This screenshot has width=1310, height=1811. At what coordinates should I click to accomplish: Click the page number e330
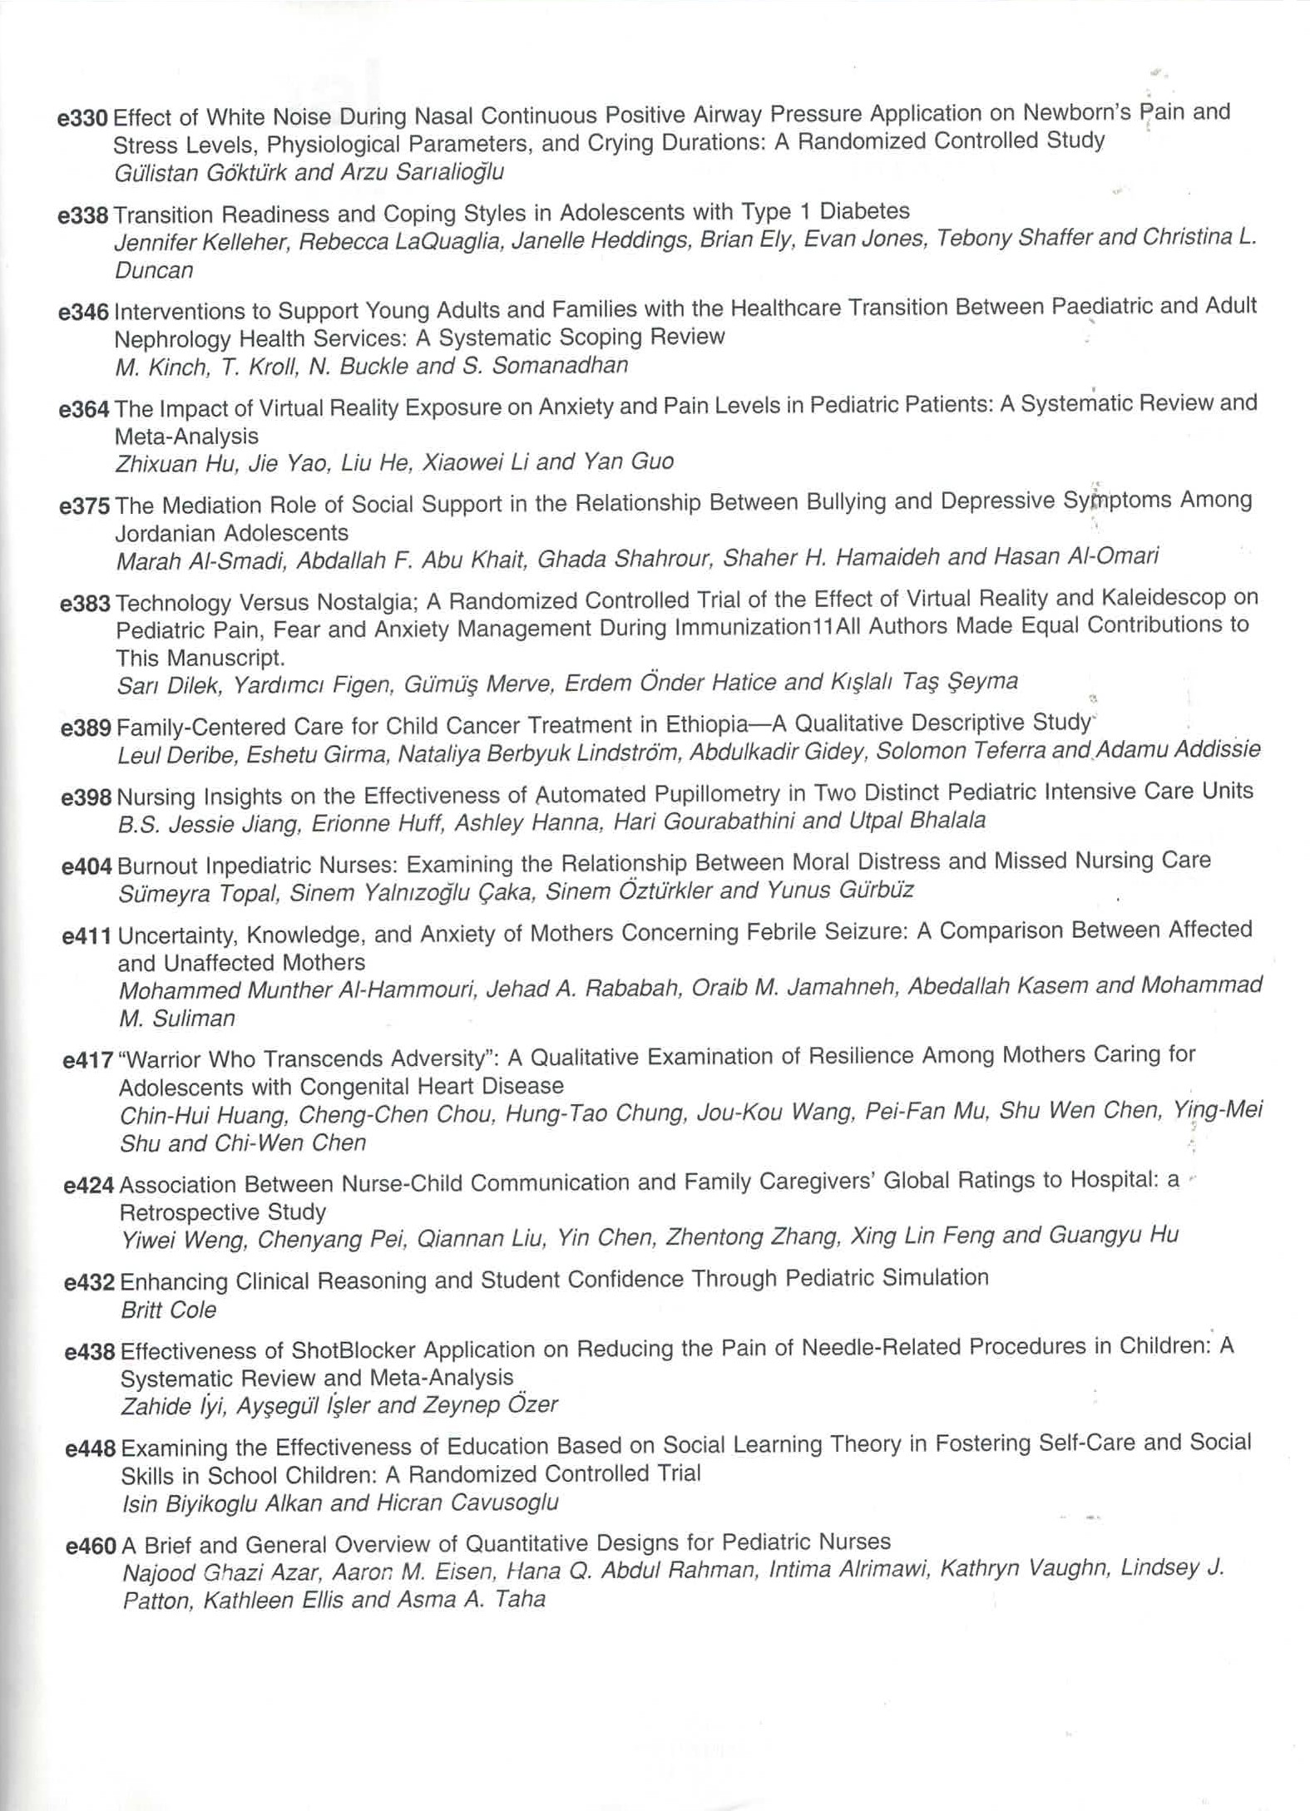click(82, 118)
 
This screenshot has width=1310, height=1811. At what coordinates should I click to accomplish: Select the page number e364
click(84, 410)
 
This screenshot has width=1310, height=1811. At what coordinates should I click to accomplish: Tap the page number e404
click(87, 866)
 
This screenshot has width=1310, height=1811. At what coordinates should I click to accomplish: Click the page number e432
click(89, 1281)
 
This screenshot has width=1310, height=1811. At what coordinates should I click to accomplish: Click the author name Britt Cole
click(168, 1310)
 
